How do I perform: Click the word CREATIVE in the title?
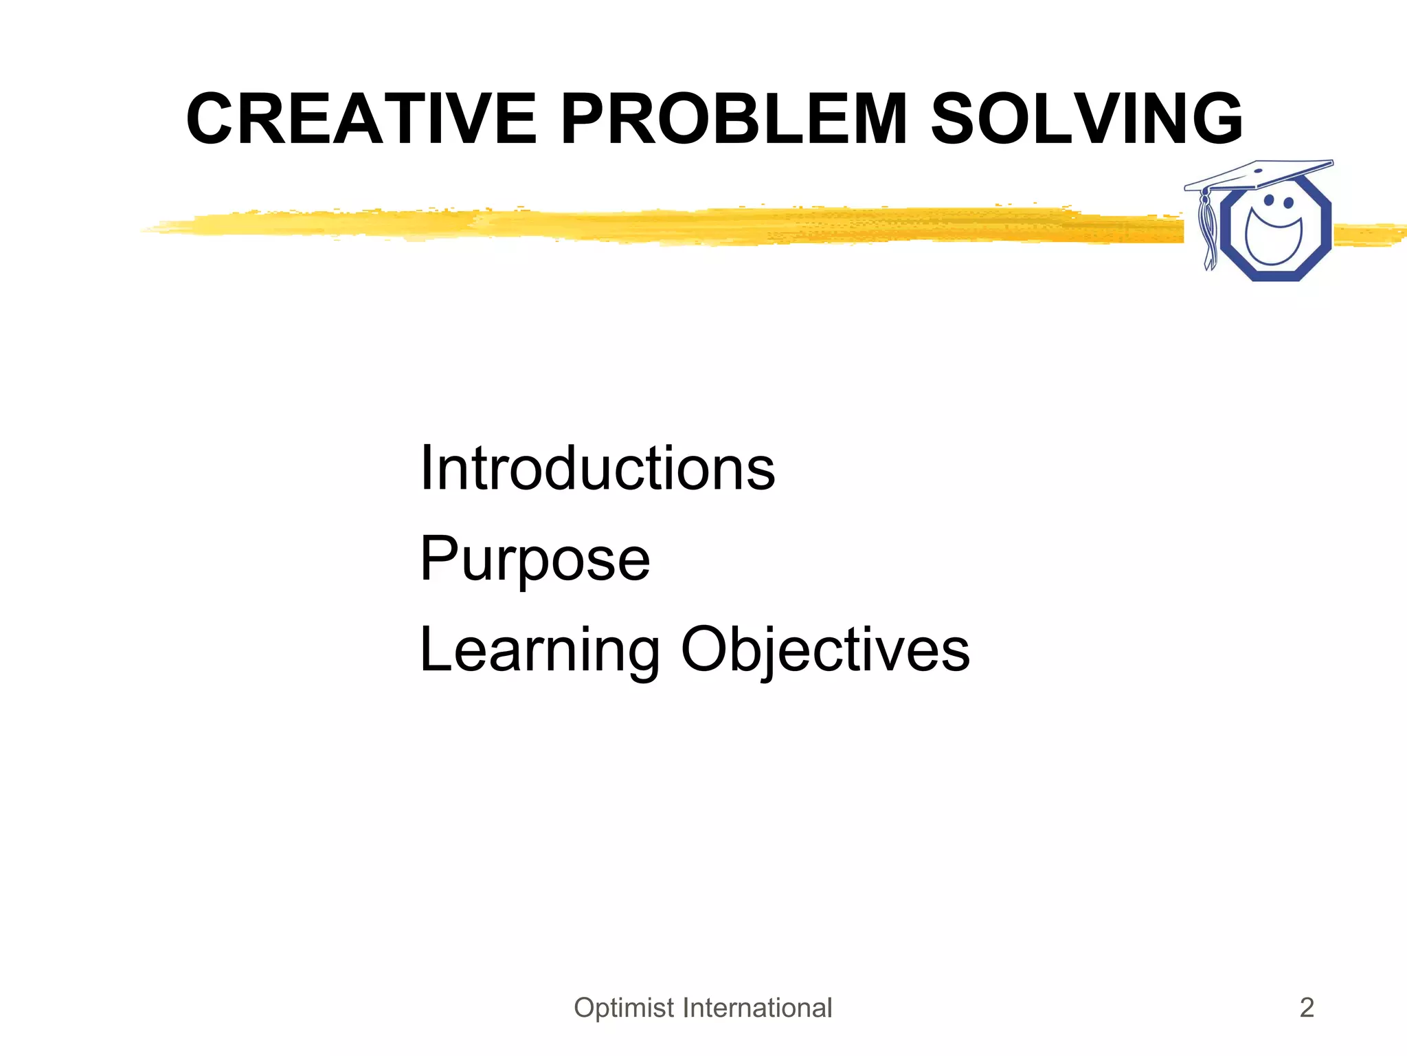[x=361, y=120]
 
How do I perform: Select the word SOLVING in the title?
[x=1086, y=120]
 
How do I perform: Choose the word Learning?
[x=539, y=650]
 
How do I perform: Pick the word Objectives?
[x=825, y=650]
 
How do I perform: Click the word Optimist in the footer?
[x=624, y=1008]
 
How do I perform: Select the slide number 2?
[x=1307, y=1008]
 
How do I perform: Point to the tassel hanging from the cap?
[x=1208, y=230]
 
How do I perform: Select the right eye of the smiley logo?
[x=1288, y=203]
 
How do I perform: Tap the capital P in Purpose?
[x=438, y=558]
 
